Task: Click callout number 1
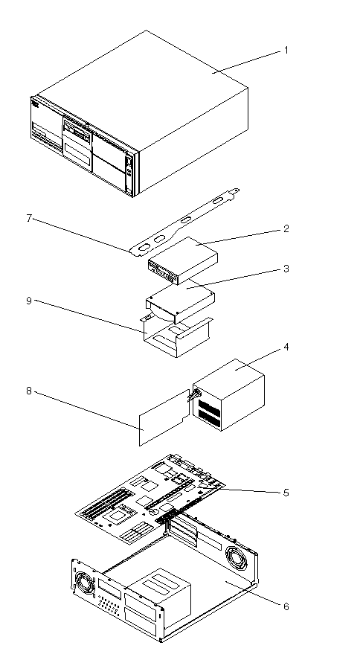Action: (286, 51)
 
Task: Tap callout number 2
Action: (286, 229)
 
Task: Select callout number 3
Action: (286, 269)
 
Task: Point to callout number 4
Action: (286, 347)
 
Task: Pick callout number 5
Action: (286, 493)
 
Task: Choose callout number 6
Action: (286, 606)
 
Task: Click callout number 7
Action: (29, 220)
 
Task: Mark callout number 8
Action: (29, 391)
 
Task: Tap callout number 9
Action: (29, 301)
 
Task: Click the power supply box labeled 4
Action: (229, 394)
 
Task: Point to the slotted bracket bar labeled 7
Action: (184, 222)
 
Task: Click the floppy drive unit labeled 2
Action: (182, 261)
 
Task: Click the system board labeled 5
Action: (152, 499)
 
